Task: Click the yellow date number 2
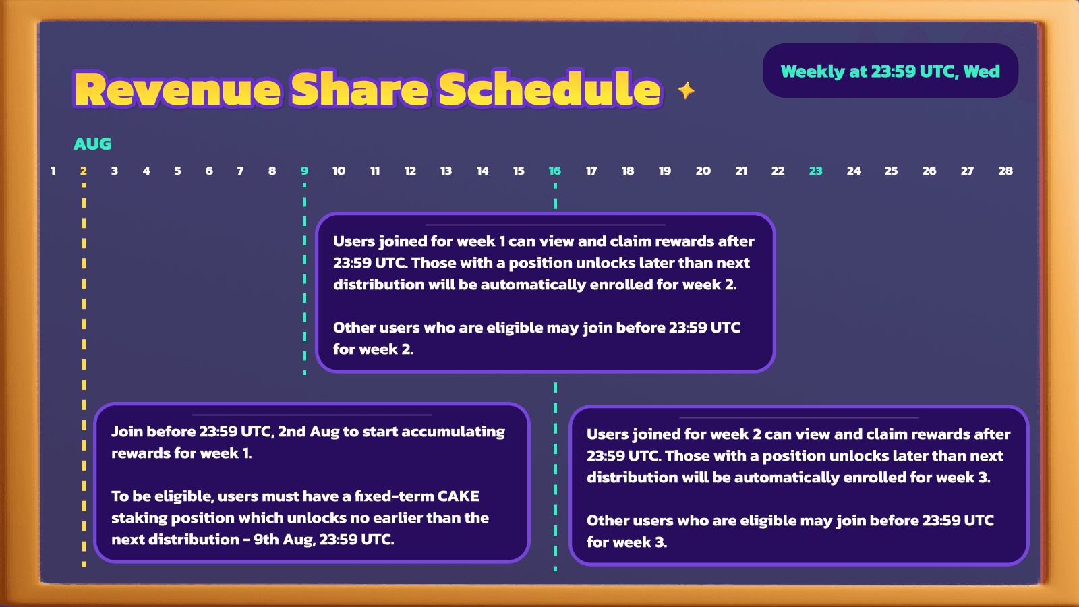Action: click(x=84, y=171)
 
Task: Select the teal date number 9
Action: click(x=304, y=171)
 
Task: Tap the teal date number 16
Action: click(x=555, y=171)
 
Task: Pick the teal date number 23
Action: click(x=815, y=171)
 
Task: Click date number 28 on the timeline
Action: click(x=1005, y=171)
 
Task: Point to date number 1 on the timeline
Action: click(x=53, y=171)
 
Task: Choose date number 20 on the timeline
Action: click(x=703, y=171)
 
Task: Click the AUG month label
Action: click(x=92, y=144)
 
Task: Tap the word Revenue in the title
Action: click(x=177, y=90)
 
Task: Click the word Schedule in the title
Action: click(x=550, y=88)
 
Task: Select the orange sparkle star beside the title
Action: click(x=687, y=90)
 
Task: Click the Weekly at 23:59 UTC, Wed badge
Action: click(x=890, y=71)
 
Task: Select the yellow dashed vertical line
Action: click(x=84, y=375)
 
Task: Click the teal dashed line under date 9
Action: click(x=304, y=279)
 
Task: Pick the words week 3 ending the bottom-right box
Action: click(x=626, y=542)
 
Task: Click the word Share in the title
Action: click(x=359, y=88)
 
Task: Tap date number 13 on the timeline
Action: click(x=446, y=171)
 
